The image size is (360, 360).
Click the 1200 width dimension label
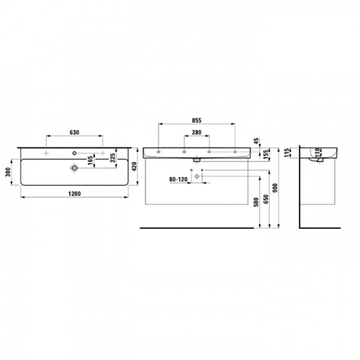(x=75, y=194)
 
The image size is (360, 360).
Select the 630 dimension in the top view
(x=74, y=132)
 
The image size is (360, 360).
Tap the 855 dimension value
(x=197, y=120)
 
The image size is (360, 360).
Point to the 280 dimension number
(x=197, y=132)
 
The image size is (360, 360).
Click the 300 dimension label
(x=8, y=172)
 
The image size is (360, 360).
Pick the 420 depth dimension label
(x=134, y=166)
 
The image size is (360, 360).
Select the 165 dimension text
(x=90, y=161)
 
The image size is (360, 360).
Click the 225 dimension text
(x=113, y=158)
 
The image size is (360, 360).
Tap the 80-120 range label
(x=179, y=179)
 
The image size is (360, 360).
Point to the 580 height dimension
(x=256, y=202)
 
